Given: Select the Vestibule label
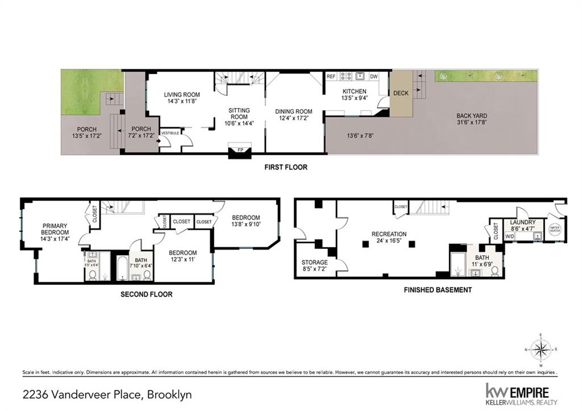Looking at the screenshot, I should coord(171,132).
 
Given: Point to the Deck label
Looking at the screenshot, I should coord(401,93).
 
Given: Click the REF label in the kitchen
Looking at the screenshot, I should coord(331,76).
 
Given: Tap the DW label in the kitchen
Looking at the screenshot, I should coord(373,76).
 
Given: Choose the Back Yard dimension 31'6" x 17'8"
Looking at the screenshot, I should coord(472,123).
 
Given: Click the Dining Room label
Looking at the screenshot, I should coord(294,111).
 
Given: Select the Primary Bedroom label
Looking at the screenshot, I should coord(55,229).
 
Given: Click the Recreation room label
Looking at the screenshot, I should coord(389,234).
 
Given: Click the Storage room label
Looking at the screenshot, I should coord(314,262).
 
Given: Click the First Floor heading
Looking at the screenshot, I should coord(286,168).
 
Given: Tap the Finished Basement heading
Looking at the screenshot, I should coord(438,290).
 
